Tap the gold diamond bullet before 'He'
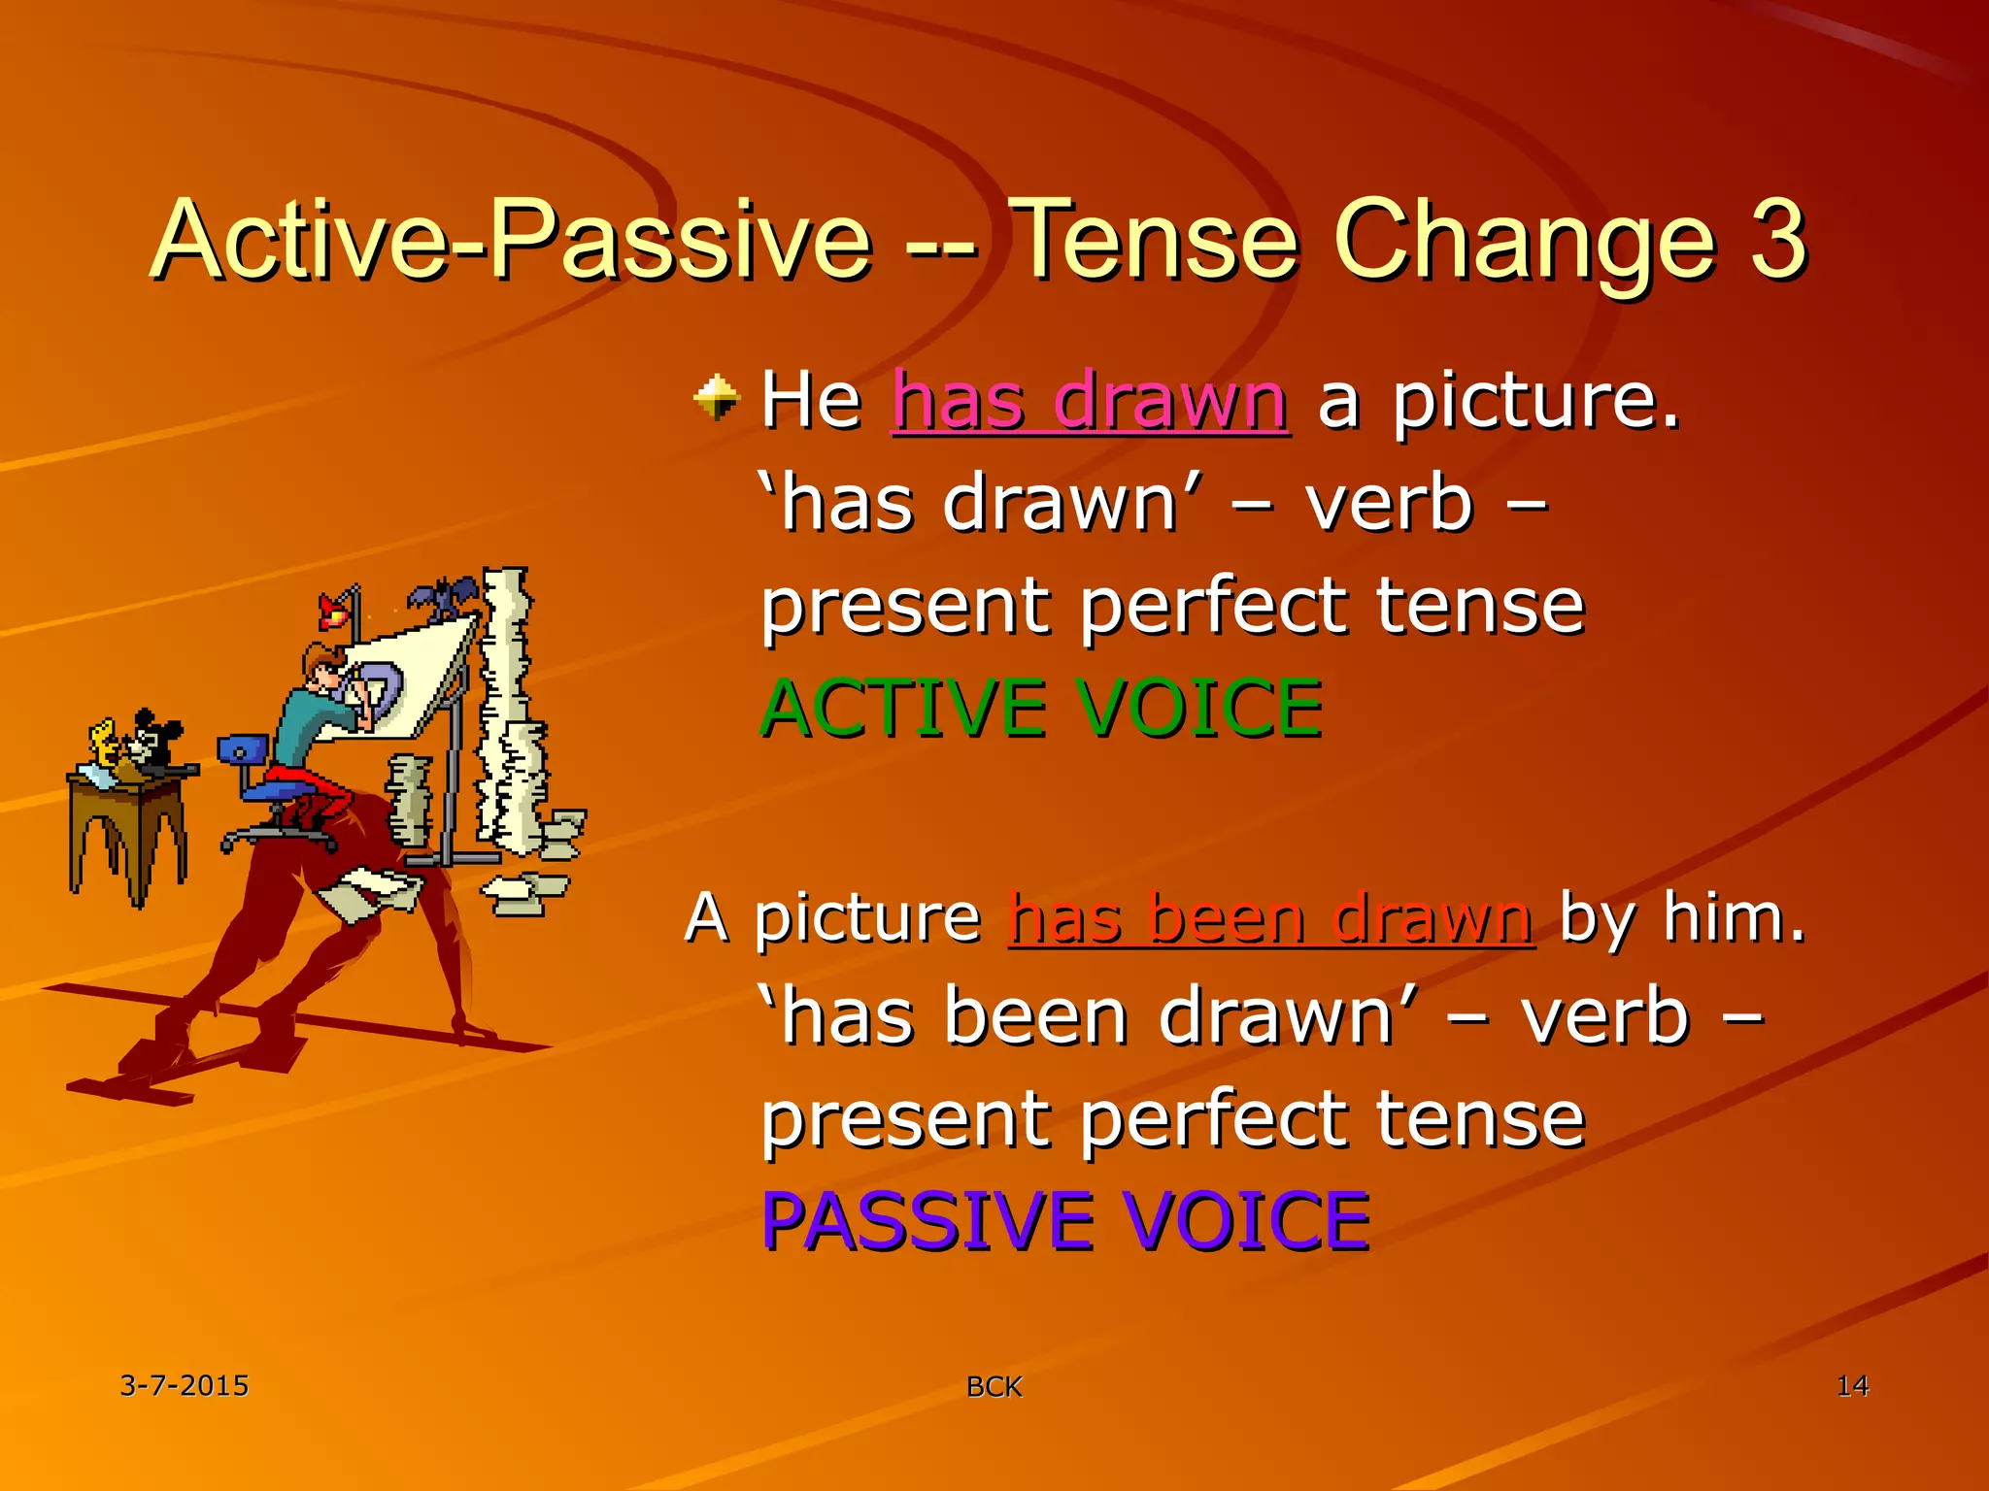pyautogui.click(x=717, y=397)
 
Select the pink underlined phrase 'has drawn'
pyautogui.click(x=1090, y=400)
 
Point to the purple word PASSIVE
pyautogui.click(x=927, y=1220)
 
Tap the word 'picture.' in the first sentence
pyautogui.click(x=1535, y=400)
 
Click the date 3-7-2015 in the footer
pyautogui.click(x=185, y=1385)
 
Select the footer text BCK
pyautogui.click(x=994, y=1387)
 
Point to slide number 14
pyautogui.click(x=1852, y=1385)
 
